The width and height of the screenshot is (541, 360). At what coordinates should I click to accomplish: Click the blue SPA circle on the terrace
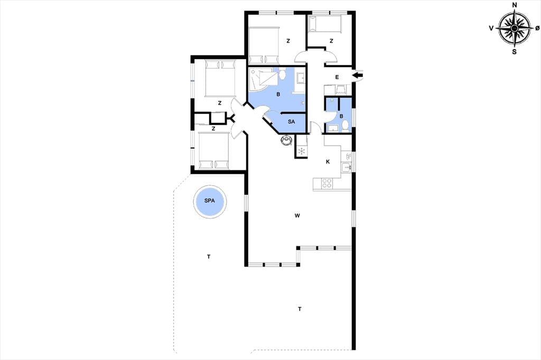(x=209, y=201)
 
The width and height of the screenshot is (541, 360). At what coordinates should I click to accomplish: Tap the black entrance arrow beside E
(x=358, y=74)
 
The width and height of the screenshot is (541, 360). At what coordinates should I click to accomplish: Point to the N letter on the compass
(x=515, y=5)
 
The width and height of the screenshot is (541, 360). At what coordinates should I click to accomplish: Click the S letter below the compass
(x=514, y=52)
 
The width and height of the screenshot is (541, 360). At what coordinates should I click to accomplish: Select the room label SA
(x=291, y=122)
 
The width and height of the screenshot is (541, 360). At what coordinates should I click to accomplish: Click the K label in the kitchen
(x=328, y=162)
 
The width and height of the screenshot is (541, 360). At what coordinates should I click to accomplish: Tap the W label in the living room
(x=297, y=216)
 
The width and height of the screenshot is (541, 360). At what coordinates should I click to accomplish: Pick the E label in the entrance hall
(x=337, y=77)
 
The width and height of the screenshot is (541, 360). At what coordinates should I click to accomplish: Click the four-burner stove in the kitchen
(x=327, y=184)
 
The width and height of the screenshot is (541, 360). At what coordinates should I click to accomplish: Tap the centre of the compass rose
(x=515, y=29)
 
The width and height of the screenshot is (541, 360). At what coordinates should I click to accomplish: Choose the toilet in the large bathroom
(x=283, y=73)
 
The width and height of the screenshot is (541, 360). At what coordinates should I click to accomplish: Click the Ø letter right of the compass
(x=537, y=29)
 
